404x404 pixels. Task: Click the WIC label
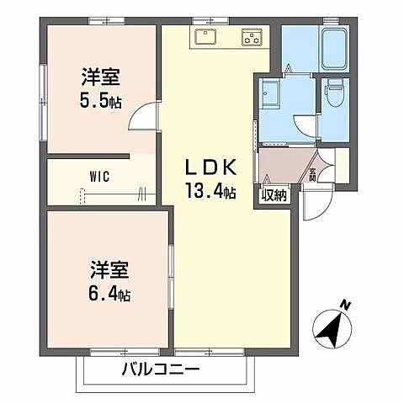(x=99, y=177)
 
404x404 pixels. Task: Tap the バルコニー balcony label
(x=159, y=369)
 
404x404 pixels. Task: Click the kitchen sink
(x=206, y=36)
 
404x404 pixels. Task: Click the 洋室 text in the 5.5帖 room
(x=100, y=77)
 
